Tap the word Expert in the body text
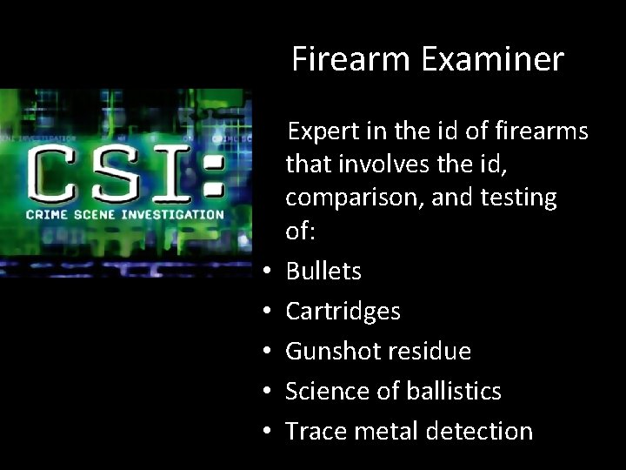coord(322,131)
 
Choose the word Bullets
coord(323,271)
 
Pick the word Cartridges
coord(343,311)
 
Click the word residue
coord(428,351)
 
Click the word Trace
coord(314,431)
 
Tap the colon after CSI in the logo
coord(209,173)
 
